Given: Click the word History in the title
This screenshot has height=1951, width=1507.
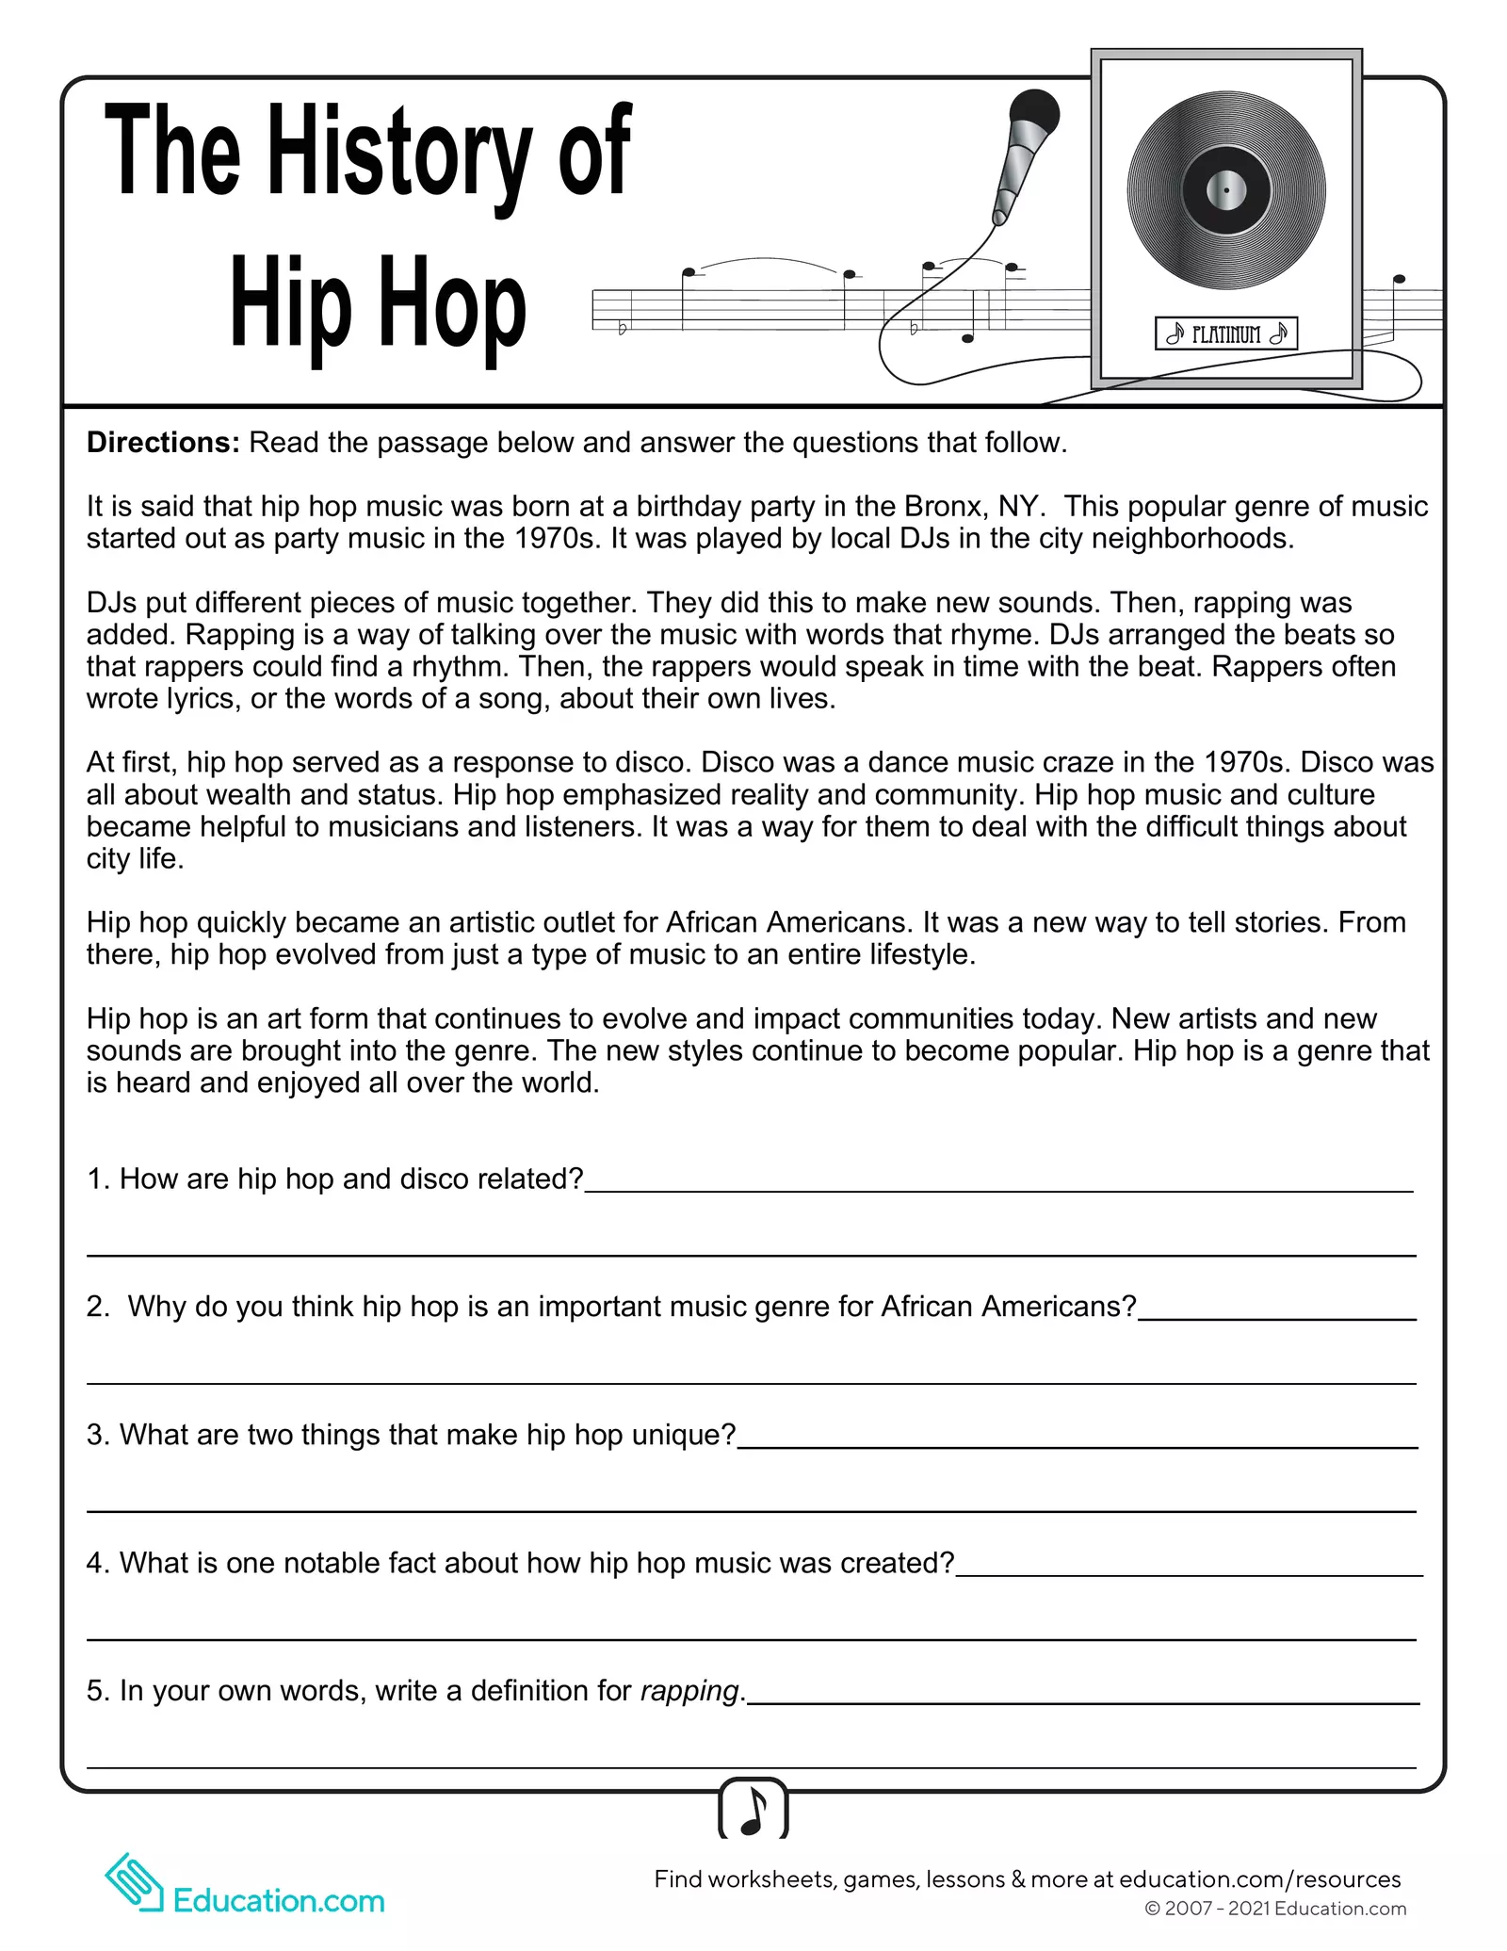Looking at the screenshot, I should coord(400,153).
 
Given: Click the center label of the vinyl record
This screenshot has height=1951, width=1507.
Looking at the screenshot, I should coord(1226,191).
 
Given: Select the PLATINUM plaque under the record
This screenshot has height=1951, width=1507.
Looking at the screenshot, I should coord(1226,333).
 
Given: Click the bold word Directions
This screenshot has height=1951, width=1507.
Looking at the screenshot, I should coord(163,443).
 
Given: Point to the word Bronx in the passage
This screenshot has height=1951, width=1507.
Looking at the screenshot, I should coord(946,507).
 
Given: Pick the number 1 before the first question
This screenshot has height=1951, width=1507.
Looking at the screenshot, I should coord(95,1179).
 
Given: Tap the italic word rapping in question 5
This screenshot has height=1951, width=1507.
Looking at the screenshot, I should coord(689,1691).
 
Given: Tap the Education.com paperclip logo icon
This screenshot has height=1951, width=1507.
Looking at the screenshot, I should coord(135,1883).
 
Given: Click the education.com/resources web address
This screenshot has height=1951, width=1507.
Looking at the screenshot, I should coord(1259,1879).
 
